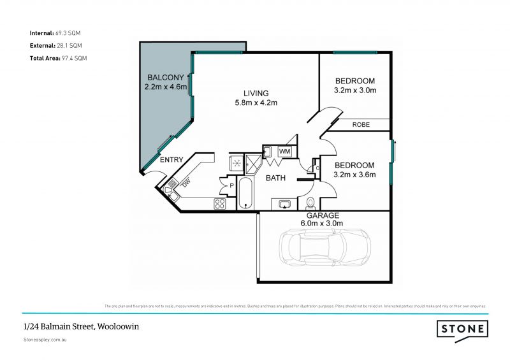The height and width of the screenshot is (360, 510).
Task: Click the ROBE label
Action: pyautogui.click(x=361, y=125)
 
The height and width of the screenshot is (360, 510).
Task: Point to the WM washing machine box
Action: pyautogui.click(x=285, y=152)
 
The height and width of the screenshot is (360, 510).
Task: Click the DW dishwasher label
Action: pyautogui.click(x=186, y=184)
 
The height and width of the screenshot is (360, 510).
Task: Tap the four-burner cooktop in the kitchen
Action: pyautogui.click(x=220, y=204)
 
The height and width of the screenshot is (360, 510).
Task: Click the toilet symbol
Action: pyautogui.click(x=310, y=203)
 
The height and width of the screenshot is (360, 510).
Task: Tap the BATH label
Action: pyautogui.click(x=275, y=178)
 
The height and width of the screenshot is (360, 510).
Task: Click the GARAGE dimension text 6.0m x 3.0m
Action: pyautogui.click(x=322, y=224)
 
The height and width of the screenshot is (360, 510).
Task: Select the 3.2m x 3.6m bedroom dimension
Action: pyautogui.click(x=355, y=175)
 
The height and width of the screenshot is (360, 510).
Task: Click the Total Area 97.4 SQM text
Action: pyautogui.click(x=58, y=58)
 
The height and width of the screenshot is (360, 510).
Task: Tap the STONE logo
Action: pyautogui.click(x=462, y=329)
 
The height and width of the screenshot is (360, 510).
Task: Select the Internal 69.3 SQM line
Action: pyautogui.click(x=55, y=32)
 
